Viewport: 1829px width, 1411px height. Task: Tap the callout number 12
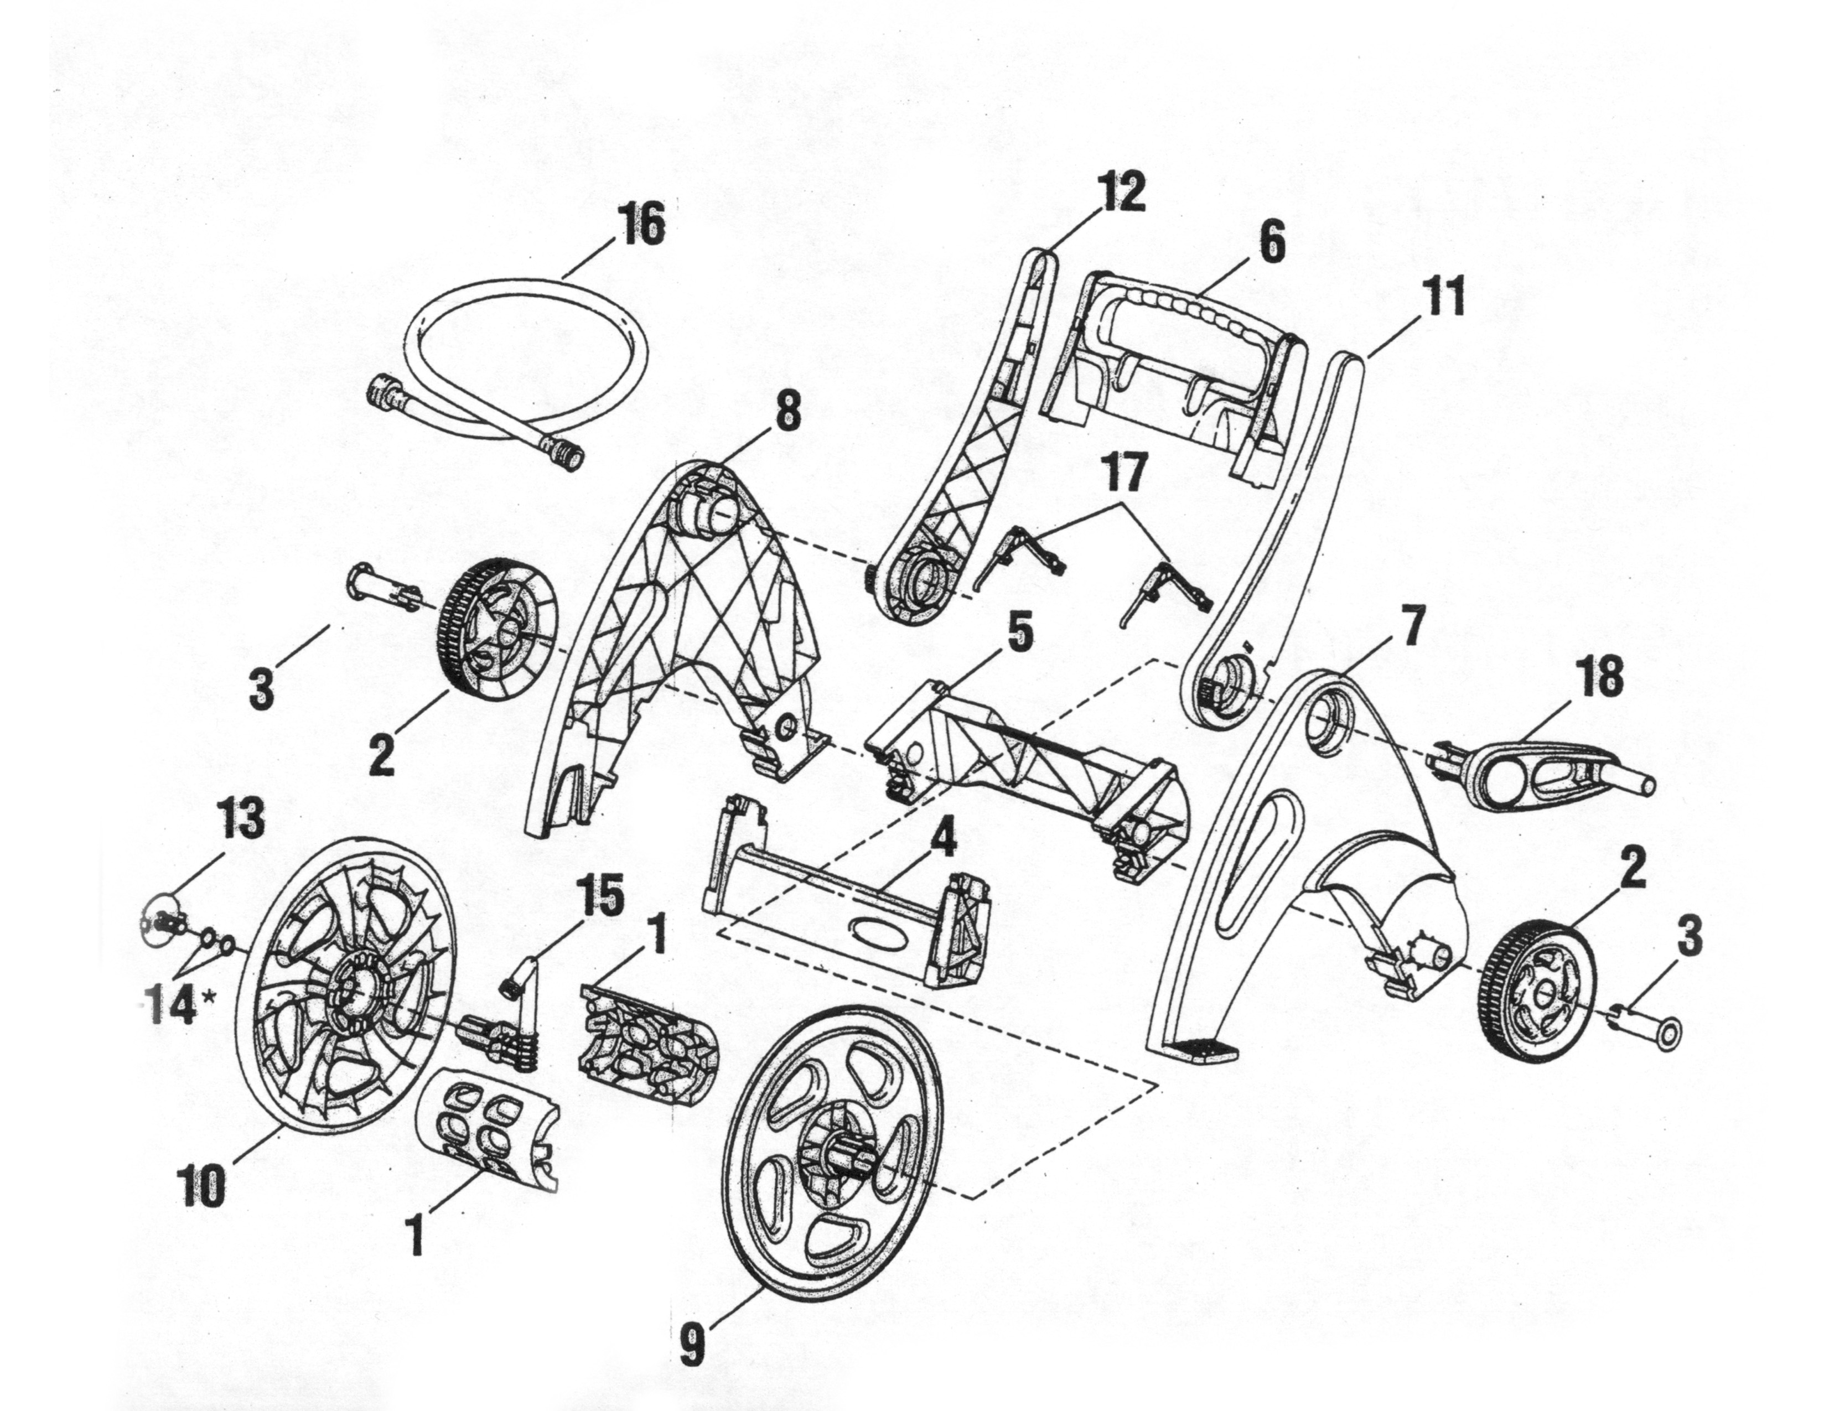pyautogui.click(x=1122, y=193)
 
